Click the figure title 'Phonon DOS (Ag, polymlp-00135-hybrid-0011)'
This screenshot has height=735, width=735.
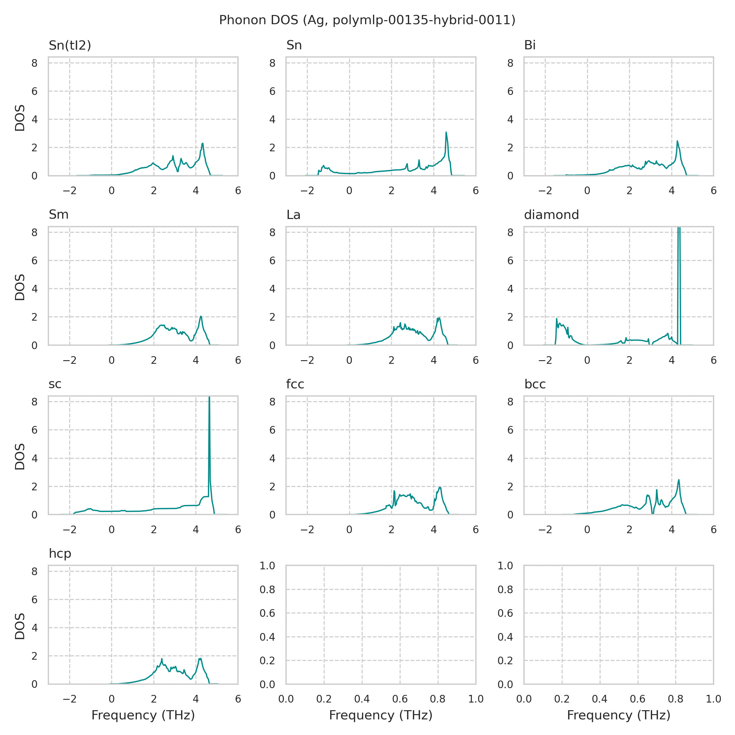[x=367, y=20]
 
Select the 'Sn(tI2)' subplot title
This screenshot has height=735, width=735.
[x=70, y=46]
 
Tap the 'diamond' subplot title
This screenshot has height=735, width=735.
[x=551, y=215]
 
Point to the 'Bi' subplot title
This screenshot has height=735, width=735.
[x=530, y=46]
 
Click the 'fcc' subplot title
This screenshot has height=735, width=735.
[x=295, y=384]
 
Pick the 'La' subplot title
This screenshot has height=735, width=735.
[x=293, y=215]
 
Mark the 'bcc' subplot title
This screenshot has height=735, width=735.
[x=535, y=384]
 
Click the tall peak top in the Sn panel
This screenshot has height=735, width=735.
[x=446, y=132]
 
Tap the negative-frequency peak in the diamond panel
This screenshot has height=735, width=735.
[x=556, y=319]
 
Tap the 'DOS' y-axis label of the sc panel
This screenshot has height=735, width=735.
[x=20, y=457]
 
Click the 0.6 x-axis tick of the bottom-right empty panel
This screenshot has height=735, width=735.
[x=638, y=699]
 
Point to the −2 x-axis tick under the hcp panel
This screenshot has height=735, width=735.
[x=69, y=699]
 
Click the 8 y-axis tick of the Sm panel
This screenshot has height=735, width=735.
[x=35, y=232]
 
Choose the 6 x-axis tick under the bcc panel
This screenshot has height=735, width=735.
[x=713, y=530]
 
